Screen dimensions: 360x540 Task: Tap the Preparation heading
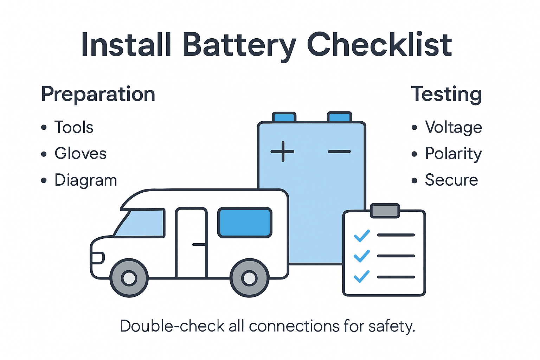(x=98, y=94)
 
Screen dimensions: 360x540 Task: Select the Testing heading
(x=446, y=94)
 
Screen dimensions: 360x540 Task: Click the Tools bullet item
(x=73, y=127)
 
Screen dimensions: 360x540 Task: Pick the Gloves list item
(x=80, y=154)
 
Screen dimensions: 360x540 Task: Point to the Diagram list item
(x=85, y=180)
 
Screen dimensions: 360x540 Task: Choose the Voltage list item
(x=453, y=127)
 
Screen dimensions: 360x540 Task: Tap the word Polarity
(x=453, y=154)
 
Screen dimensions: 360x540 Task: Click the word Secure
(x=451, y=180)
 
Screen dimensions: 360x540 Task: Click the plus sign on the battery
(x=282, y=152)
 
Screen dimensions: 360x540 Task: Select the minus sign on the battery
(x=339, y=152)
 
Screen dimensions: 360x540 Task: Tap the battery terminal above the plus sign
(x=284, y=117)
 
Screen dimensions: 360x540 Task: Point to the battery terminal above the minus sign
(x=339, y=117)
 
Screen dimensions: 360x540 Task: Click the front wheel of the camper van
(x=129, y=278)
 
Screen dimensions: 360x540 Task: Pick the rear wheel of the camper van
(x=249, y=278)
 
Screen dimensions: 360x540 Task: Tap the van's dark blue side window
(x=245, y=223)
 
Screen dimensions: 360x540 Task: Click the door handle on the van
(x=199, y=244)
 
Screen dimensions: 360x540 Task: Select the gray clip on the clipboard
(x=385, y=211)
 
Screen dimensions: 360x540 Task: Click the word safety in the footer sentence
(x=392, y=326)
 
